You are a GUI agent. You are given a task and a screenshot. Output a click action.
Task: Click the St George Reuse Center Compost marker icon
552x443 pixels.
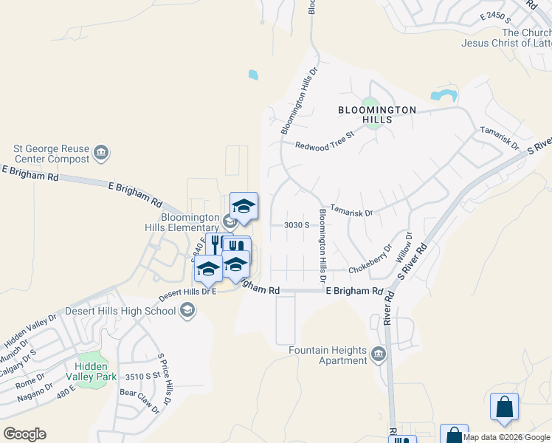pos(102,153)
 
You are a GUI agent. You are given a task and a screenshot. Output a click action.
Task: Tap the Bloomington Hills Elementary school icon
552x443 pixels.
pos(230,220)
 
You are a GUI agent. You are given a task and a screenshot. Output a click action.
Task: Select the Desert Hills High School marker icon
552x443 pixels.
pos(187,310)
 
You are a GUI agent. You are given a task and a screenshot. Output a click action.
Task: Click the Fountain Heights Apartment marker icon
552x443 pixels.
pos(379,355)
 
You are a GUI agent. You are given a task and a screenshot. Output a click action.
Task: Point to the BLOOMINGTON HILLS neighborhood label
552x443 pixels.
pos(377,115)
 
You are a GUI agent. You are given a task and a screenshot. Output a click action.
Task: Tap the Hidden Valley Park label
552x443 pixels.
pos(91,371)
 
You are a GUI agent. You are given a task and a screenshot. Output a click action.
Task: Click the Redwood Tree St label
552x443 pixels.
pos(325,141)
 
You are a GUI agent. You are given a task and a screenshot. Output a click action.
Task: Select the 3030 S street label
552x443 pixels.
pos(297,225)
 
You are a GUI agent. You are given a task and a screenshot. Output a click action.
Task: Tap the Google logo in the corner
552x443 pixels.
pos(24,433)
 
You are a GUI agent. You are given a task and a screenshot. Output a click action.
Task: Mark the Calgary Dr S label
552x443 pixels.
pos(20,361)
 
